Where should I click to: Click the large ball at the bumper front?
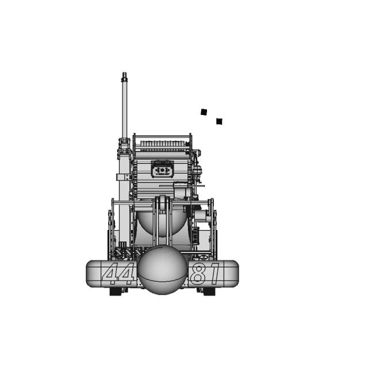pyautogui.click(x=162, y=270)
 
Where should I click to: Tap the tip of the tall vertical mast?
pyautogui.click(x=124, y=75)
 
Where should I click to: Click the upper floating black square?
pyautogui.click(x=204, y=112)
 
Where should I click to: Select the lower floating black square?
pyautogui.click(x=219, y=121)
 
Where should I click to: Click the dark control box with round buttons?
pyautogui.click(x=162, y=170)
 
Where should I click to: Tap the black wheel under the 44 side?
pyautogui.click(x=118, y=292)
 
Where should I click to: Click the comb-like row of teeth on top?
pyautogui.click(x=162, y=141)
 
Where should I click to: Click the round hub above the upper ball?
pyautogui.click(x=162, y=205)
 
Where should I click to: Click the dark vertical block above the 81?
pyautogui.click(x=194, y=236)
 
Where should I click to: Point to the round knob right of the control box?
pyautogui.click(x=197, y=170)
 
